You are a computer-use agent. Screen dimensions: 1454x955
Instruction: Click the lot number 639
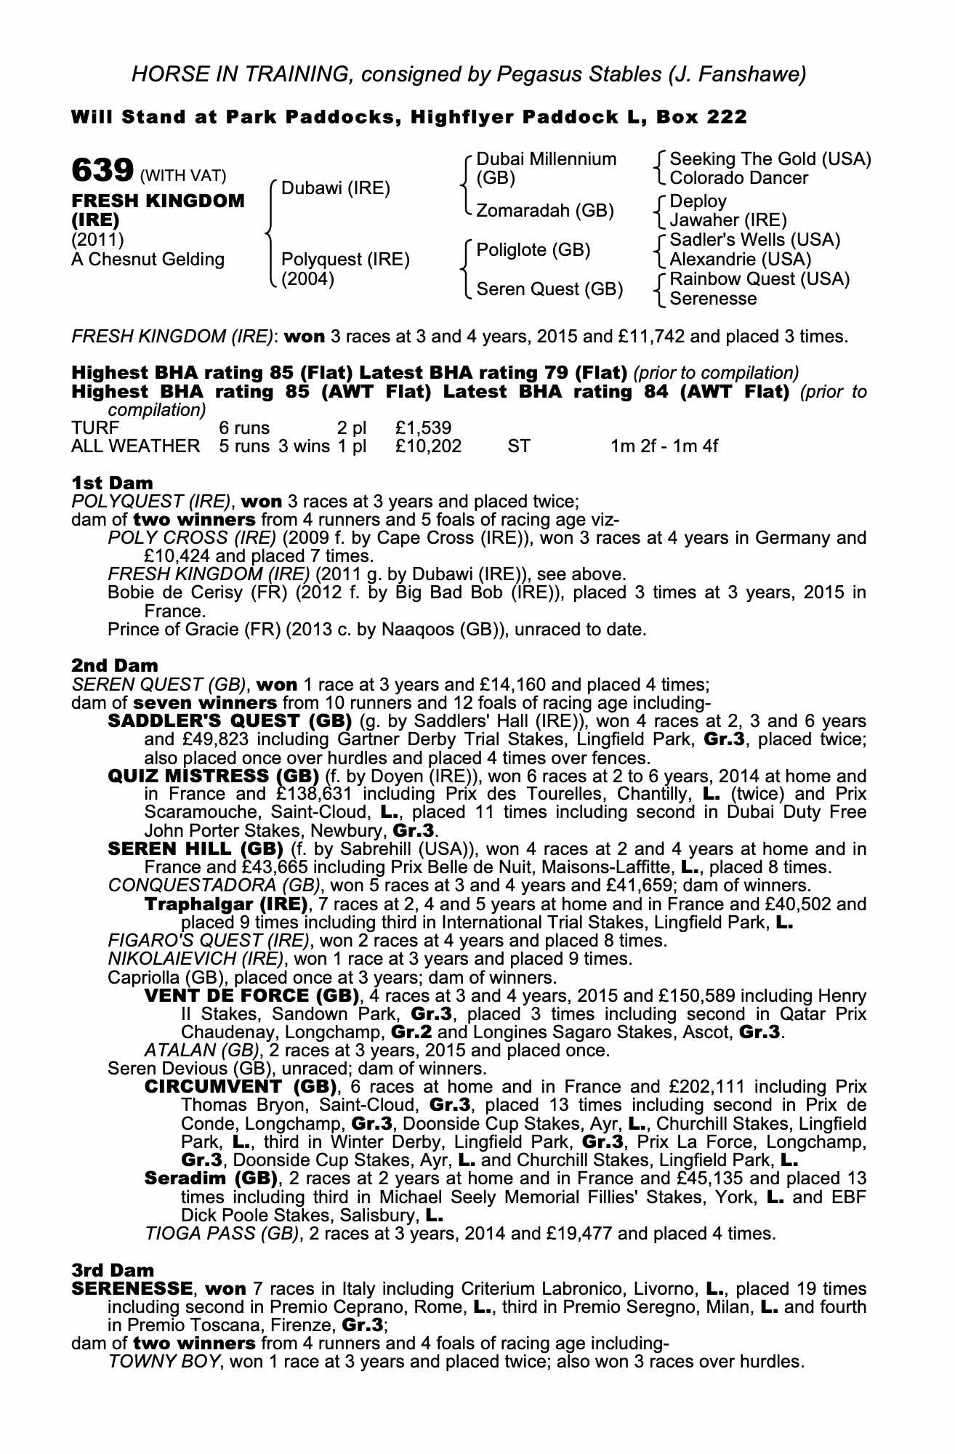[x=102, y=172]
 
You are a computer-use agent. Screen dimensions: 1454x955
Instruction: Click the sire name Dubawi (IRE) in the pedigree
[x=335, y=189]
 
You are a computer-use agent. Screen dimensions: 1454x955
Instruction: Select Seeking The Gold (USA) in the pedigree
[x=770, y=159]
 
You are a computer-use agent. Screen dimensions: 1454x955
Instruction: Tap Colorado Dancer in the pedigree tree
[x=738, y=178]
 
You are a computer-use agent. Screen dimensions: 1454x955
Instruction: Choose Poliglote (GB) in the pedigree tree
[x=533, y=250]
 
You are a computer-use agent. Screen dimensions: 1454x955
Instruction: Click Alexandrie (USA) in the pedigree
[x=740, y=260]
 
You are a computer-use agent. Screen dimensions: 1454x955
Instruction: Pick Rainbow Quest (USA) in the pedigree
[x=759, y=279]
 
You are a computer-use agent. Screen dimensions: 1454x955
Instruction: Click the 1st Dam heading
[x=112, y=483]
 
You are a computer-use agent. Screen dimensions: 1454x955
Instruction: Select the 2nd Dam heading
[x=114, y=665]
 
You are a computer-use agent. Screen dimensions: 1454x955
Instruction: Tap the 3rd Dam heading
[x=113, y=1270]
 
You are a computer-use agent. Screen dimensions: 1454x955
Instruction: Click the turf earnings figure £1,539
[x=424, y=428]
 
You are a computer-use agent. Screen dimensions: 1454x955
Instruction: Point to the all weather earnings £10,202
[x=428, y=446]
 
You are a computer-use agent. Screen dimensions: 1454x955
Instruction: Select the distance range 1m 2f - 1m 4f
[x=664, y=446]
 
